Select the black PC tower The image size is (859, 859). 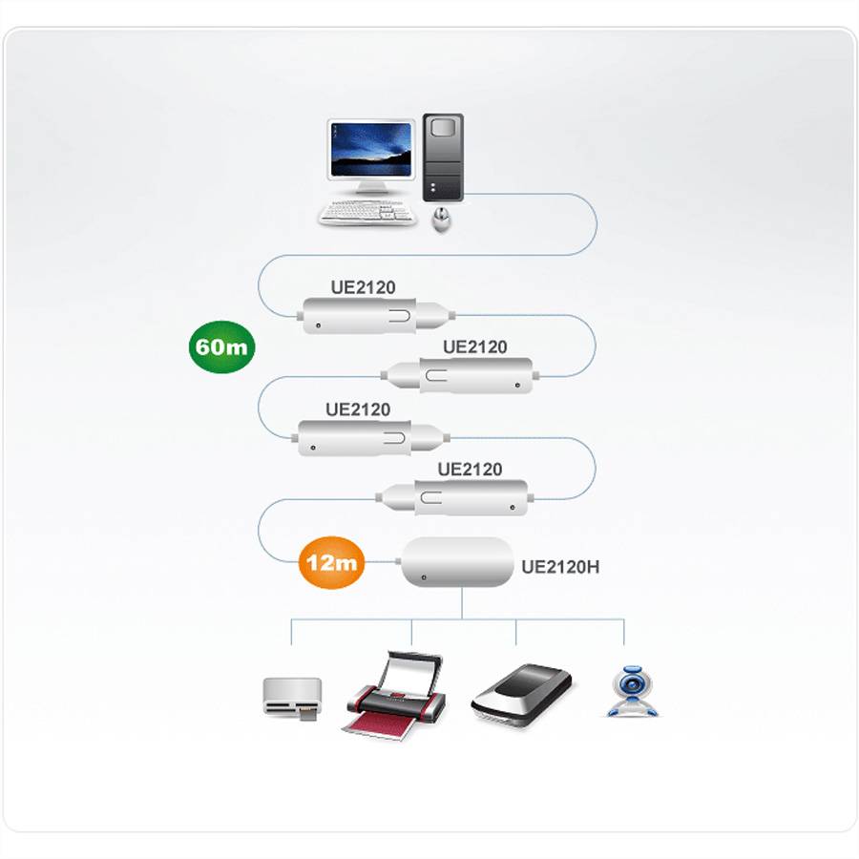443,157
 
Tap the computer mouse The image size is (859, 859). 441,220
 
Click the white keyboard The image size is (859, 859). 368,213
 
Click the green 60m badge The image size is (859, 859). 221,346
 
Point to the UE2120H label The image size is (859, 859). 560,567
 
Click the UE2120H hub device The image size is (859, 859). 457,562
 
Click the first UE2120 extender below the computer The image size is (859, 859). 373,315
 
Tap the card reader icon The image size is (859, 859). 291,698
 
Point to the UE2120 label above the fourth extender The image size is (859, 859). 470,470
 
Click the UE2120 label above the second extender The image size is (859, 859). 474,347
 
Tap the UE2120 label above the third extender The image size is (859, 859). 358,409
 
